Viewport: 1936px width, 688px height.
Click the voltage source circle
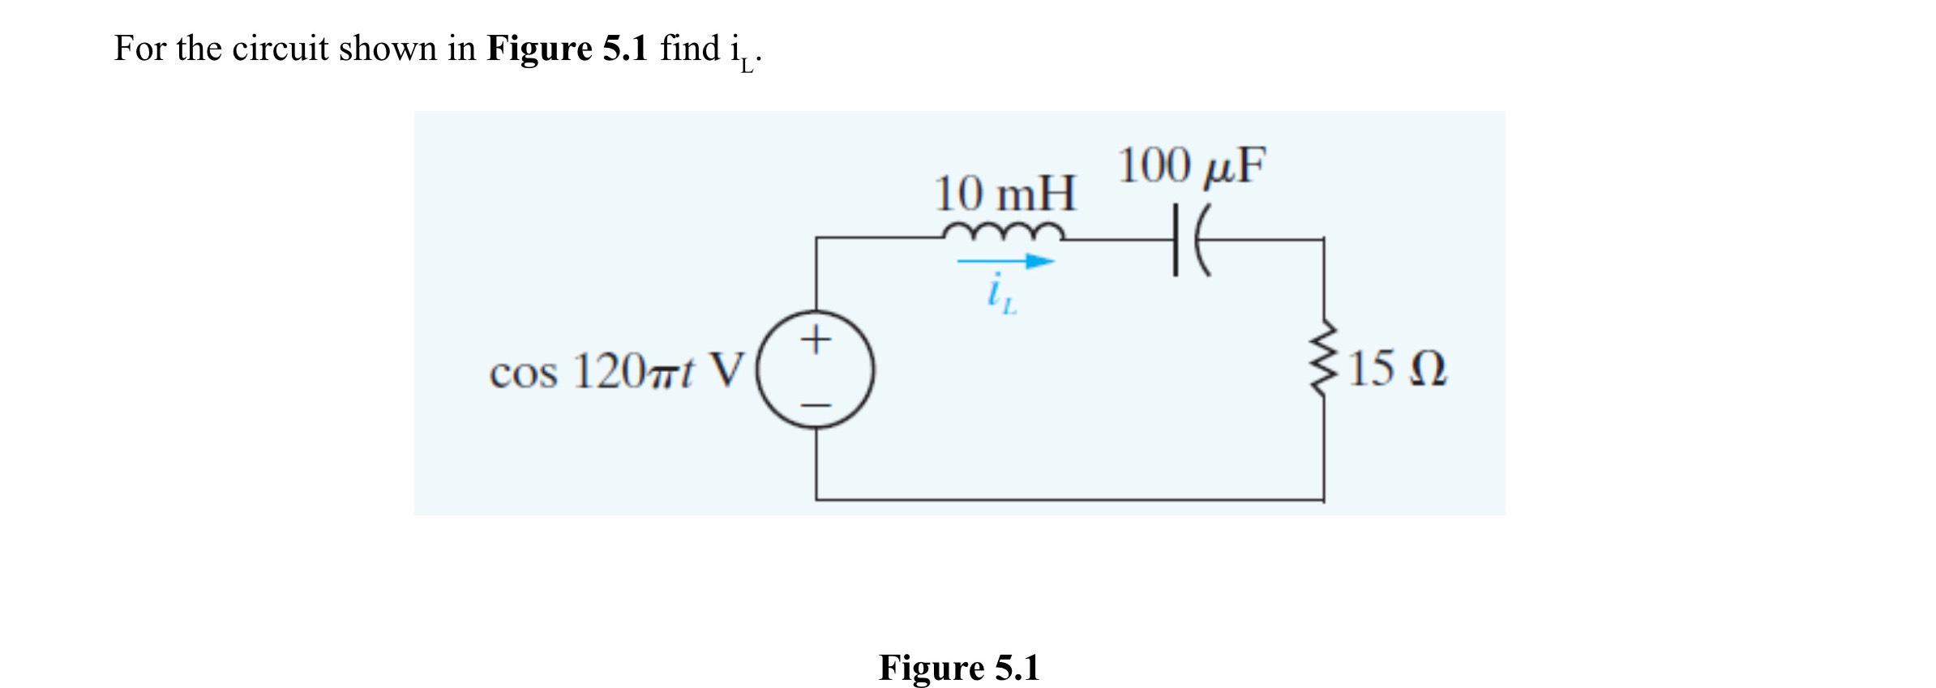816,370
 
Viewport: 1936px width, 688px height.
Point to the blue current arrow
1005,262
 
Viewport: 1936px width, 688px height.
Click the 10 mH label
1005,194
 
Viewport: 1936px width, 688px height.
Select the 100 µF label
1191,166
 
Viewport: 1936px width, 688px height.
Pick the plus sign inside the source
816,339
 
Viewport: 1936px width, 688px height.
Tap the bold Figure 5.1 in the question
568,49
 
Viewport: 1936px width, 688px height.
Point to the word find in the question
690,49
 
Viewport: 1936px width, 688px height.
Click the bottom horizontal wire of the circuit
1070,499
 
